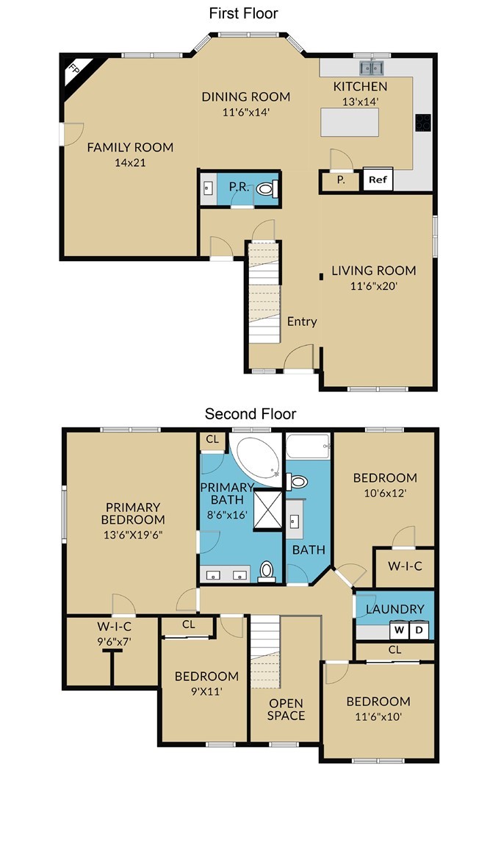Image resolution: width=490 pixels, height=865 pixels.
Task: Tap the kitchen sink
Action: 372,68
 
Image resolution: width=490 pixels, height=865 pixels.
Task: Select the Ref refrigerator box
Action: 378,179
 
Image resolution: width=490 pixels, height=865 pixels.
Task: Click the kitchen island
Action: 350,122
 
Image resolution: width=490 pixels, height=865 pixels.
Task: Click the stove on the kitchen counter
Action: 422,122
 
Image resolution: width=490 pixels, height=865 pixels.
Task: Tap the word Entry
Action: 302,321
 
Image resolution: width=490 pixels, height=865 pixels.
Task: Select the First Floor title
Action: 244,13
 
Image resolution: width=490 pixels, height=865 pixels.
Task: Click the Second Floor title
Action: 251,413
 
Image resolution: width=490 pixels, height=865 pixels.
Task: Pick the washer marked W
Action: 399,630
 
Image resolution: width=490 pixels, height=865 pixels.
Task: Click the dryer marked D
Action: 418,630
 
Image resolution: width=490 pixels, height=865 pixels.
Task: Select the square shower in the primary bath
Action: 267,510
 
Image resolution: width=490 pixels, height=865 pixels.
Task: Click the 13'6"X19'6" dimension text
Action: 133,534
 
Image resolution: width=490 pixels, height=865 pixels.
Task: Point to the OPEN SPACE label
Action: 286,709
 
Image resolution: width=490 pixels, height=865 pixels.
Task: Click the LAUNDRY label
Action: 395,609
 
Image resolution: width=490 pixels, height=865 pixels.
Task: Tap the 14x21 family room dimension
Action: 131,163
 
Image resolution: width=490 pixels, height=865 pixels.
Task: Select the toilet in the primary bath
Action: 267,572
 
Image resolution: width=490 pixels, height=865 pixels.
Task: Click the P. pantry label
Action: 341,179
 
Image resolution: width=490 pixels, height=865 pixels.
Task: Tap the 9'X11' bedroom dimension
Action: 206,691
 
